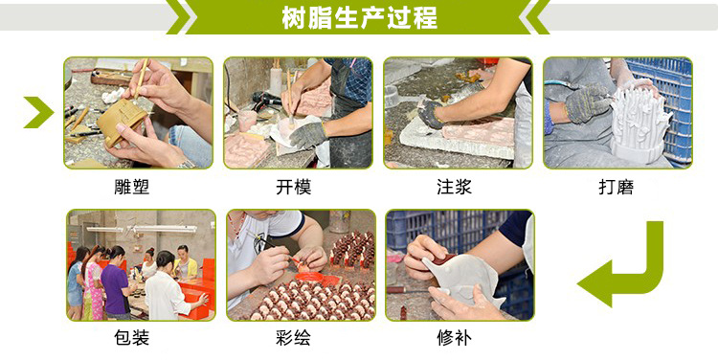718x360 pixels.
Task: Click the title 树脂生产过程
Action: [359, 17]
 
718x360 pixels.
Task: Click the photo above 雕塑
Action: [138, 113]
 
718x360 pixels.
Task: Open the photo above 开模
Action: [298, 113]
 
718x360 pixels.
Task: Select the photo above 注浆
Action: [458, 113]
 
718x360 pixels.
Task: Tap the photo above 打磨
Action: [617, 113]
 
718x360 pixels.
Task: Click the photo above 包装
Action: [140, 265]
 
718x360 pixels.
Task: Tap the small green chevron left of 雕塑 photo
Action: [38, 112]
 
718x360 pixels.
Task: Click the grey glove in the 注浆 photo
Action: [431, 115]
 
